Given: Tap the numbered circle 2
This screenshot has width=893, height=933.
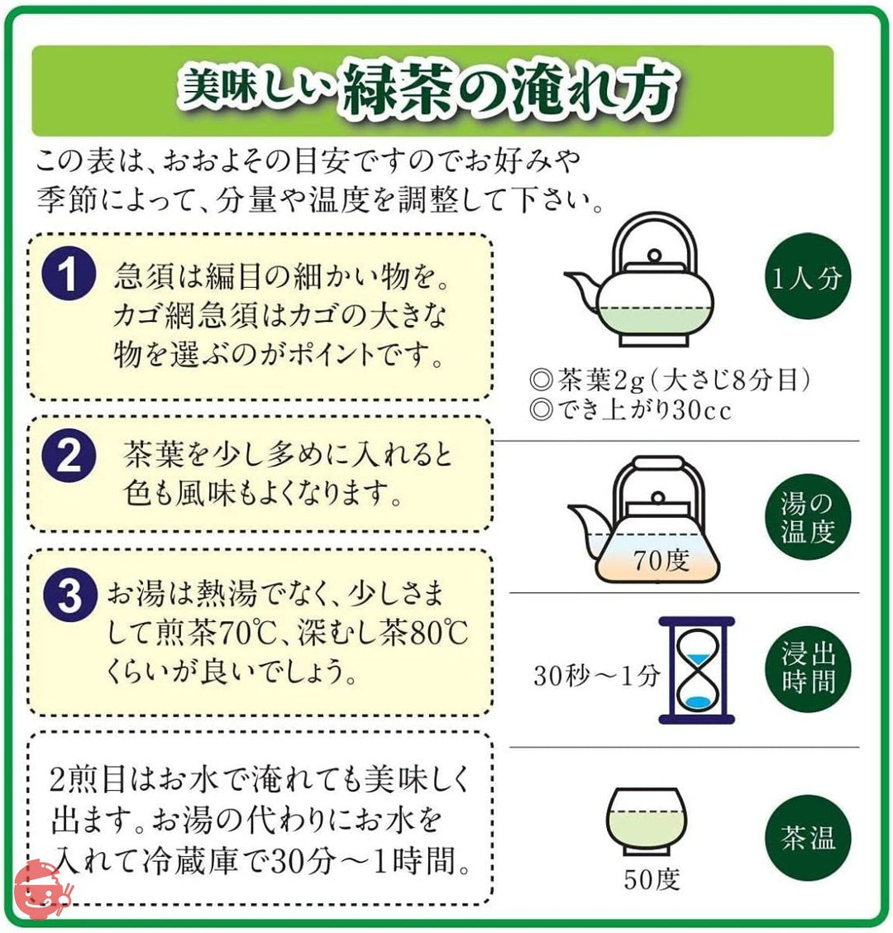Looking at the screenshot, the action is pos(69,457).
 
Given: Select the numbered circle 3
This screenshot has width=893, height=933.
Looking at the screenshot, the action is pos(69,596).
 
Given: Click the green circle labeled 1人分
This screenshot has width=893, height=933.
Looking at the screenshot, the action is pos(807,276).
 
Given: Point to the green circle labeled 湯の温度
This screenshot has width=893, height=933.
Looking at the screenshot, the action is pos(807,517).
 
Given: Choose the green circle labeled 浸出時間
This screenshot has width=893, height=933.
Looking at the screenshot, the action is pos(807,669).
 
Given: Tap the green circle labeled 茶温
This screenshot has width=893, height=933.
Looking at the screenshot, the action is pos(807,838).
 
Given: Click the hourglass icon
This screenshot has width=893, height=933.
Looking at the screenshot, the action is pos(697,670).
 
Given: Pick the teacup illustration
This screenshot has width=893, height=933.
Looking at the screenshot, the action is pos(647,821).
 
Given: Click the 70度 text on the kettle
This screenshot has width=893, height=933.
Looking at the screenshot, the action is pos(661,560).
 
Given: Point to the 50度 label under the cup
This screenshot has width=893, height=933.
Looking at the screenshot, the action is pos(652,879).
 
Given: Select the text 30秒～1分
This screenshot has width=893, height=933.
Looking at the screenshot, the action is pos(597,676).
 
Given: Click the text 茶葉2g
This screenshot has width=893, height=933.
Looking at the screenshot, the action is pos(601,380).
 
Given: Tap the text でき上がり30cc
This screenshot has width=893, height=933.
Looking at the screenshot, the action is pos(644,410).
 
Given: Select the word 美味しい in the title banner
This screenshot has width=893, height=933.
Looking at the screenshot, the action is pos(255,88).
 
